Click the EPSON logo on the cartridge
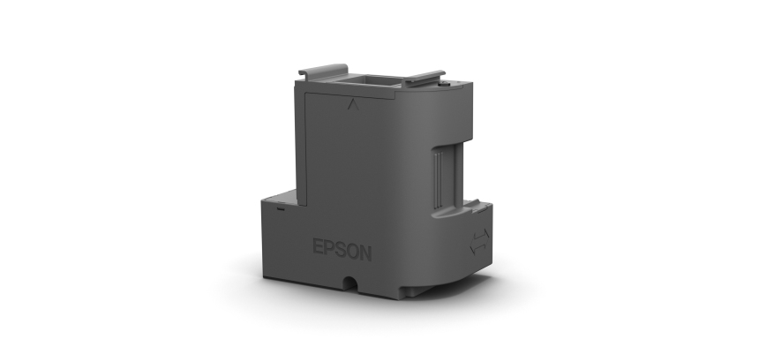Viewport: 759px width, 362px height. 342,250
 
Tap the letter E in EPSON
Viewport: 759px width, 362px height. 319,250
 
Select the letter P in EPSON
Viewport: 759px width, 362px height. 331,250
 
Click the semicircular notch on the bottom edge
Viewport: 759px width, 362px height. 351,284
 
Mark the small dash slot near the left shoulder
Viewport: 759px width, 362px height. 279,210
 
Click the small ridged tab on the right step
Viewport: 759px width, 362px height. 472,204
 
